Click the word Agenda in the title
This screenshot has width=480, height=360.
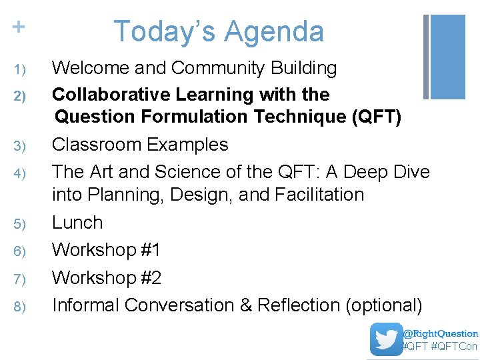pos(274,31)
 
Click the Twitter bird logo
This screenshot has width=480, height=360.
pos(387,339)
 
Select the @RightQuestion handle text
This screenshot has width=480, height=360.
pos(441,333)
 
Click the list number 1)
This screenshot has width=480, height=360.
pos(19,69)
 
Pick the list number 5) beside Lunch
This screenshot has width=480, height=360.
pos(19,224)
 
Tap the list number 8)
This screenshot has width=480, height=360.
pos(19,307)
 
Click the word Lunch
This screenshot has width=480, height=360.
pos(77,223)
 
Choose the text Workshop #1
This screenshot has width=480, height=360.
pos(107,250)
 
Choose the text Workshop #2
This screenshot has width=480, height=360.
pos(107,277)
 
